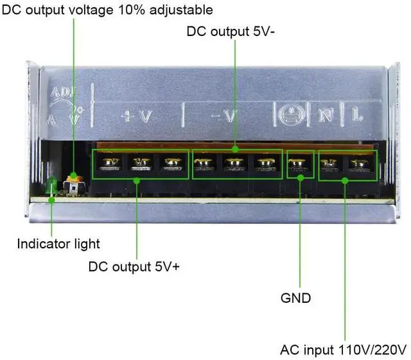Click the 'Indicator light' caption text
[x=58, y=244]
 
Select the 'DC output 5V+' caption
[x=134, y=266]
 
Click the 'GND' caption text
[x=295, y=298]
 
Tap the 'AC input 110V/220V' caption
[x=344, y=350]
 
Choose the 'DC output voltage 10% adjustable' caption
[x=107, y=10]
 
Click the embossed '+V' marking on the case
[x=137, y=116]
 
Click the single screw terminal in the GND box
[x=295, y=165]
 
